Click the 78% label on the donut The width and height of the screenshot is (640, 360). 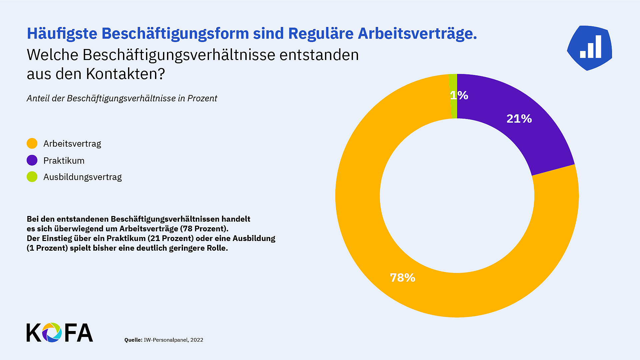402,278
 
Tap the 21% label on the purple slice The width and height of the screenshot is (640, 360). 519,119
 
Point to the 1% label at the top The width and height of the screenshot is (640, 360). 459,95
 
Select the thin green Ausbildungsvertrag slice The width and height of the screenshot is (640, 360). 453,107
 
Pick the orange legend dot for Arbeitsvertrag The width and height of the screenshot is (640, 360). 32,144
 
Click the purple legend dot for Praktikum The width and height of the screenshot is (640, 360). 32,160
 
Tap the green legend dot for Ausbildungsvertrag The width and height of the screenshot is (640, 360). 32,177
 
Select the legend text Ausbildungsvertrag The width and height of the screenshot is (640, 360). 82,177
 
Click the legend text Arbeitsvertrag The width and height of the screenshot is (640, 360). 72,144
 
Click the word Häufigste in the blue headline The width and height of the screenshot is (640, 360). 62,34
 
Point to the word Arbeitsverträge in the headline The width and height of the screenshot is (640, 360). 417,34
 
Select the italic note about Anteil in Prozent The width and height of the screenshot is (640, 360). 122,98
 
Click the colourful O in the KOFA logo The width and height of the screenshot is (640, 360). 52,332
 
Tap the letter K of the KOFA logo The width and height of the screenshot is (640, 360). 33,333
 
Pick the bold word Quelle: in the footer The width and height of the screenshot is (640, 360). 133,340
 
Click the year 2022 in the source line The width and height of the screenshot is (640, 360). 197,340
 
